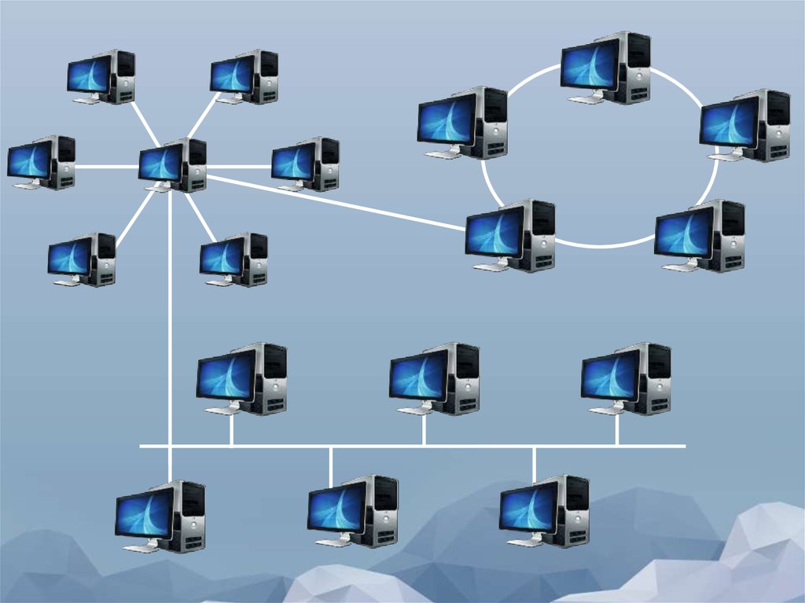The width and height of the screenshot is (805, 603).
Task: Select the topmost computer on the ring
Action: [x=605, y=68]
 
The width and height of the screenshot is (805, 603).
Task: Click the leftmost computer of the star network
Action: [x=42, y=162]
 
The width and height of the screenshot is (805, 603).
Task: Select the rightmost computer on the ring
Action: [x=744, y=126]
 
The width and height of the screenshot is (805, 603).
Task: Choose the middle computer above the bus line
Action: [x=434, y=379]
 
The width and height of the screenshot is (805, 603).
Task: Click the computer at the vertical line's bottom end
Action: [x=160, y=517]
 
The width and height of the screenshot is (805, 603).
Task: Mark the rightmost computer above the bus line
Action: [x=626, y=379]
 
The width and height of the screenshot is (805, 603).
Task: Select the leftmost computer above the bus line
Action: [x=241, y=379]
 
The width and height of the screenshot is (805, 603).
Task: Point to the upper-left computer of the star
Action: [x=101, y=77]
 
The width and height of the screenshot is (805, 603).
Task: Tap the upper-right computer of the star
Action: [x=244, y=77]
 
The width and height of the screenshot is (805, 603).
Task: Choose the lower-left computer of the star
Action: [x=82, y=259]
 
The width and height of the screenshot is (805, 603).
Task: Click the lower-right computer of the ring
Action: [x=700, y=236]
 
